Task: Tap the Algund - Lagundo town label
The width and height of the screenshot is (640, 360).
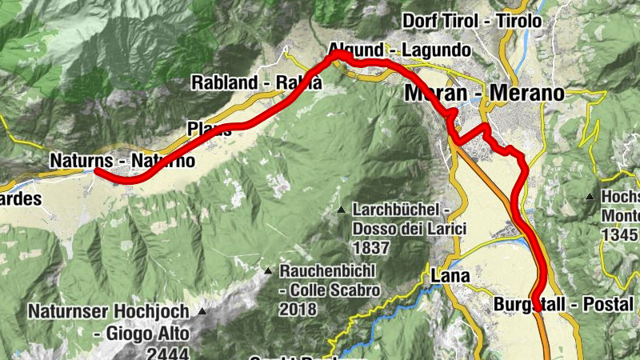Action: [400, 50]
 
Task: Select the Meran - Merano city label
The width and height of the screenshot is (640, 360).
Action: [484, 93]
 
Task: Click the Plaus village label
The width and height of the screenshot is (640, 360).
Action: [209, 129]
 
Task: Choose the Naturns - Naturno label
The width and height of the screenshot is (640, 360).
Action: [122, 160]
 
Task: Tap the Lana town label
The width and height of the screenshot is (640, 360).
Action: [450, 276]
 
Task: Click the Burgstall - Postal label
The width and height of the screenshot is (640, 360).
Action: [564, 305]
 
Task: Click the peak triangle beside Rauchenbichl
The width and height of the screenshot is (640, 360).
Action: [269, 270]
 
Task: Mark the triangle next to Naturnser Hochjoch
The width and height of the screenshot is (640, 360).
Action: [202, 311]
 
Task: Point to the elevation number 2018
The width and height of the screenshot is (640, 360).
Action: [298, 309]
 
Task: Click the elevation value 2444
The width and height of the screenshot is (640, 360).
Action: [167, 352]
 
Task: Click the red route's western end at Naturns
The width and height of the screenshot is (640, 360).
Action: [97, 170]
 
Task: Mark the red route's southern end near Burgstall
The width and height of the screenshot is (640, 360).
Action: [536, 298]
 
